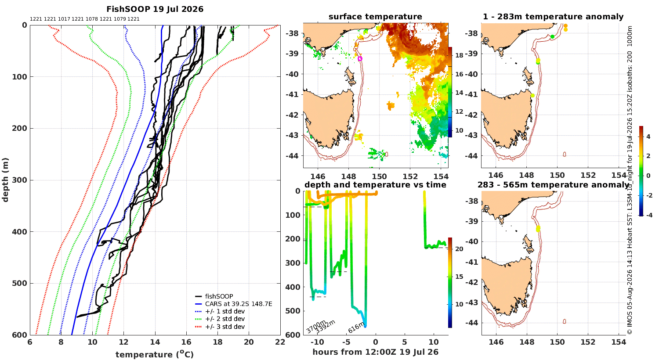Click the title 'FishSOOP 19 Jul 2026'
pyautogui.click(x=155, y=9)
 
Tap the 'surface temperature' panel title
pyautogui.click(x=375, y=17)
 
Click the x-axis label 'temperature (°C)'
pyautogui.click(x=155, y=354)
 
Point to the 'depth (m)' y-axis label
pyautogui.click(x=5, y=180)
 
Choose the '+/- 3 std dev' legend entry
pyautogui.click(x=225, y=327)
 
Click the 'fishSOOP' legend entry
pyautogui.click(x=219, y=296)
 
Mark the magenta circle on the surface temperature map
pyautogui.click(x=360, y=58)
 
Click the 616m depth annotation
pyautogui.click(x=356, y=328)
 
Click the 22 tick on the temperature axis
pyautogui.click(x=280, y=342)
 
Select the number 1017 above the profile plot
pyautogui.click(x=64, y=19)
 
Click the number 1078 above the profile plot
pyautogui.click(x=92, y=19)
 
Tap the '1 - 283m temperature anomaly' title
pyautogui.click(x=553, y=17)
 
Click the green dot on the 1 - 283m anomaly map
pyautogui.click(x=552, y=37)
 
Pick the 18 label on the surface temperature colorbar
pyautogui.click(x=459, y=55)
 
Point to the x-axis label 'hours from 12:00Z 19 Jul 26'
pyautogui.click(x=375, y=352)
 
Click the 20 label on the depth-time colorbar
pyautogui.click(x=459, y=249)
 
